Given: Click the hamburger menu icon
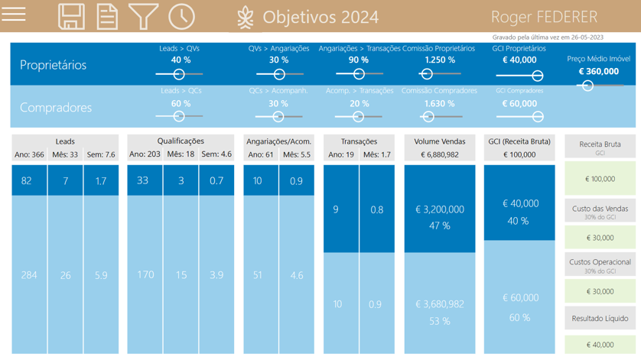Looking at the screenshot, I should pos(14,14).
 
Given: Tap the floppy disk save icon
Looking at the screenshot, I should pos(71,16).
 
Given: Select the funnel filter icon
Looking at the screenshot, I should pos(143,16).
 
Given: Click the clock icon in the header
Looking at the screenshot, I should pos(181,16).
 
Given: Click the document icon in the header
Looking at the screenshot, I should pos(107,16).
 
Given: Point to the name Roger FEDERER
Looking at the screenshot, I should pos(544,17).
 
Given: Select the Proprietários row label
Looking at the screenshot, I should pos(53,65).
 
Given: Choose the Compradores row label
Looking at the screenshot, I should pos(55,107).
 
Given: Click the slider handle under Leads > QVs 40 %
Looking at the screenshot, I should pos(179,74).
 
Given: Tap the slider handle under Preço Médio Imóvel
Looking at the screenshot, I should pos(587,86).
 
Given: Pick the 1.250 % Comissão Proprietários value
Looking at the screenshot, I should pos(439,60).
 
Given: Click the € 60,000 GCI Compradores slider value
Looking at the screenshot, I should pos(519,103).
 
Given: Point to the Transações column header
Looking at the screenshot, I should pos(359,141).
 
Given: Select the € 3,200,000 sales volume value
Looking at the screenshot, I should pos(440,209).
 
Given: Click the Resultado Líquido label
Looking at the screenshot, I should pos(600,318).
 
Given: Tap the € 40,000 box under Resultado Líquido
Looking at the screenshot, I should pos(600,345).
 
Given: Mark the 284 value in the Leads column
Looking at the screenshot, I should pos(29,274).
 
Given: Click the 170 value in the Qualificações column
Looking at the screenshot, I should pos(145,274).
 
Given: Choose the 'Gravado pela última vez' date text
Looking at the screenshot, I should pos(548,37).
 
